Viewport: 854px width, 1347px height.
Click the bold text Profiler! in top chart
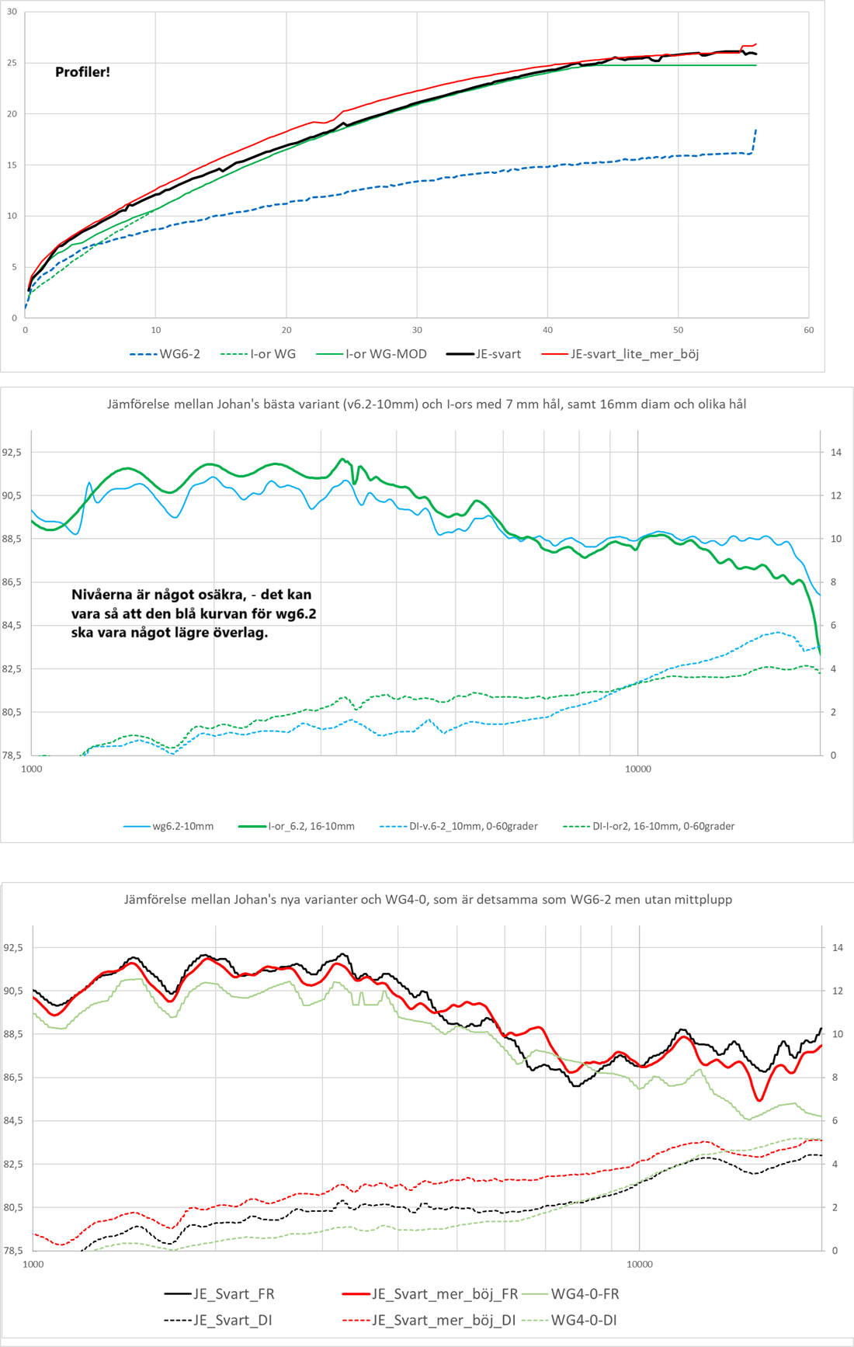pos(82,72)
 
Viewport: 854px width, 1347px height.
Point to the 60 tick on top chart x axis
pos(808,330)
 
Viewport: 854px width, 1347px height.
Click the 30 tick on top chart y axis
pos(12,12)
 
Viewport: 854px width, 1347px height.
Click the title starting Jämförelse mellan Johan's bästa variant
pos(426,404)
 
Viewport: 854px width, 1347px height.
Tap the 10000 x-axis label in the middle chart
pos(638,769)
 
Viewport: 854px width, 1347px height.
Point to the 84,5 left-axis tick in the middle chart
pos(12,625)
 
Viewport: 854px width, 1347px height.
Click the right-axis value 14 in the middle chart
pos(836,452)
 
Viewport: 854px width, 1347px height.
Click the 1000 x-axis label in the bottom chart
pos(33,1264)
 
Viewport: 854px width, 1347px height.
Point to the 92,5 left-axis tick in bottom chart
pos(13,947)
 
